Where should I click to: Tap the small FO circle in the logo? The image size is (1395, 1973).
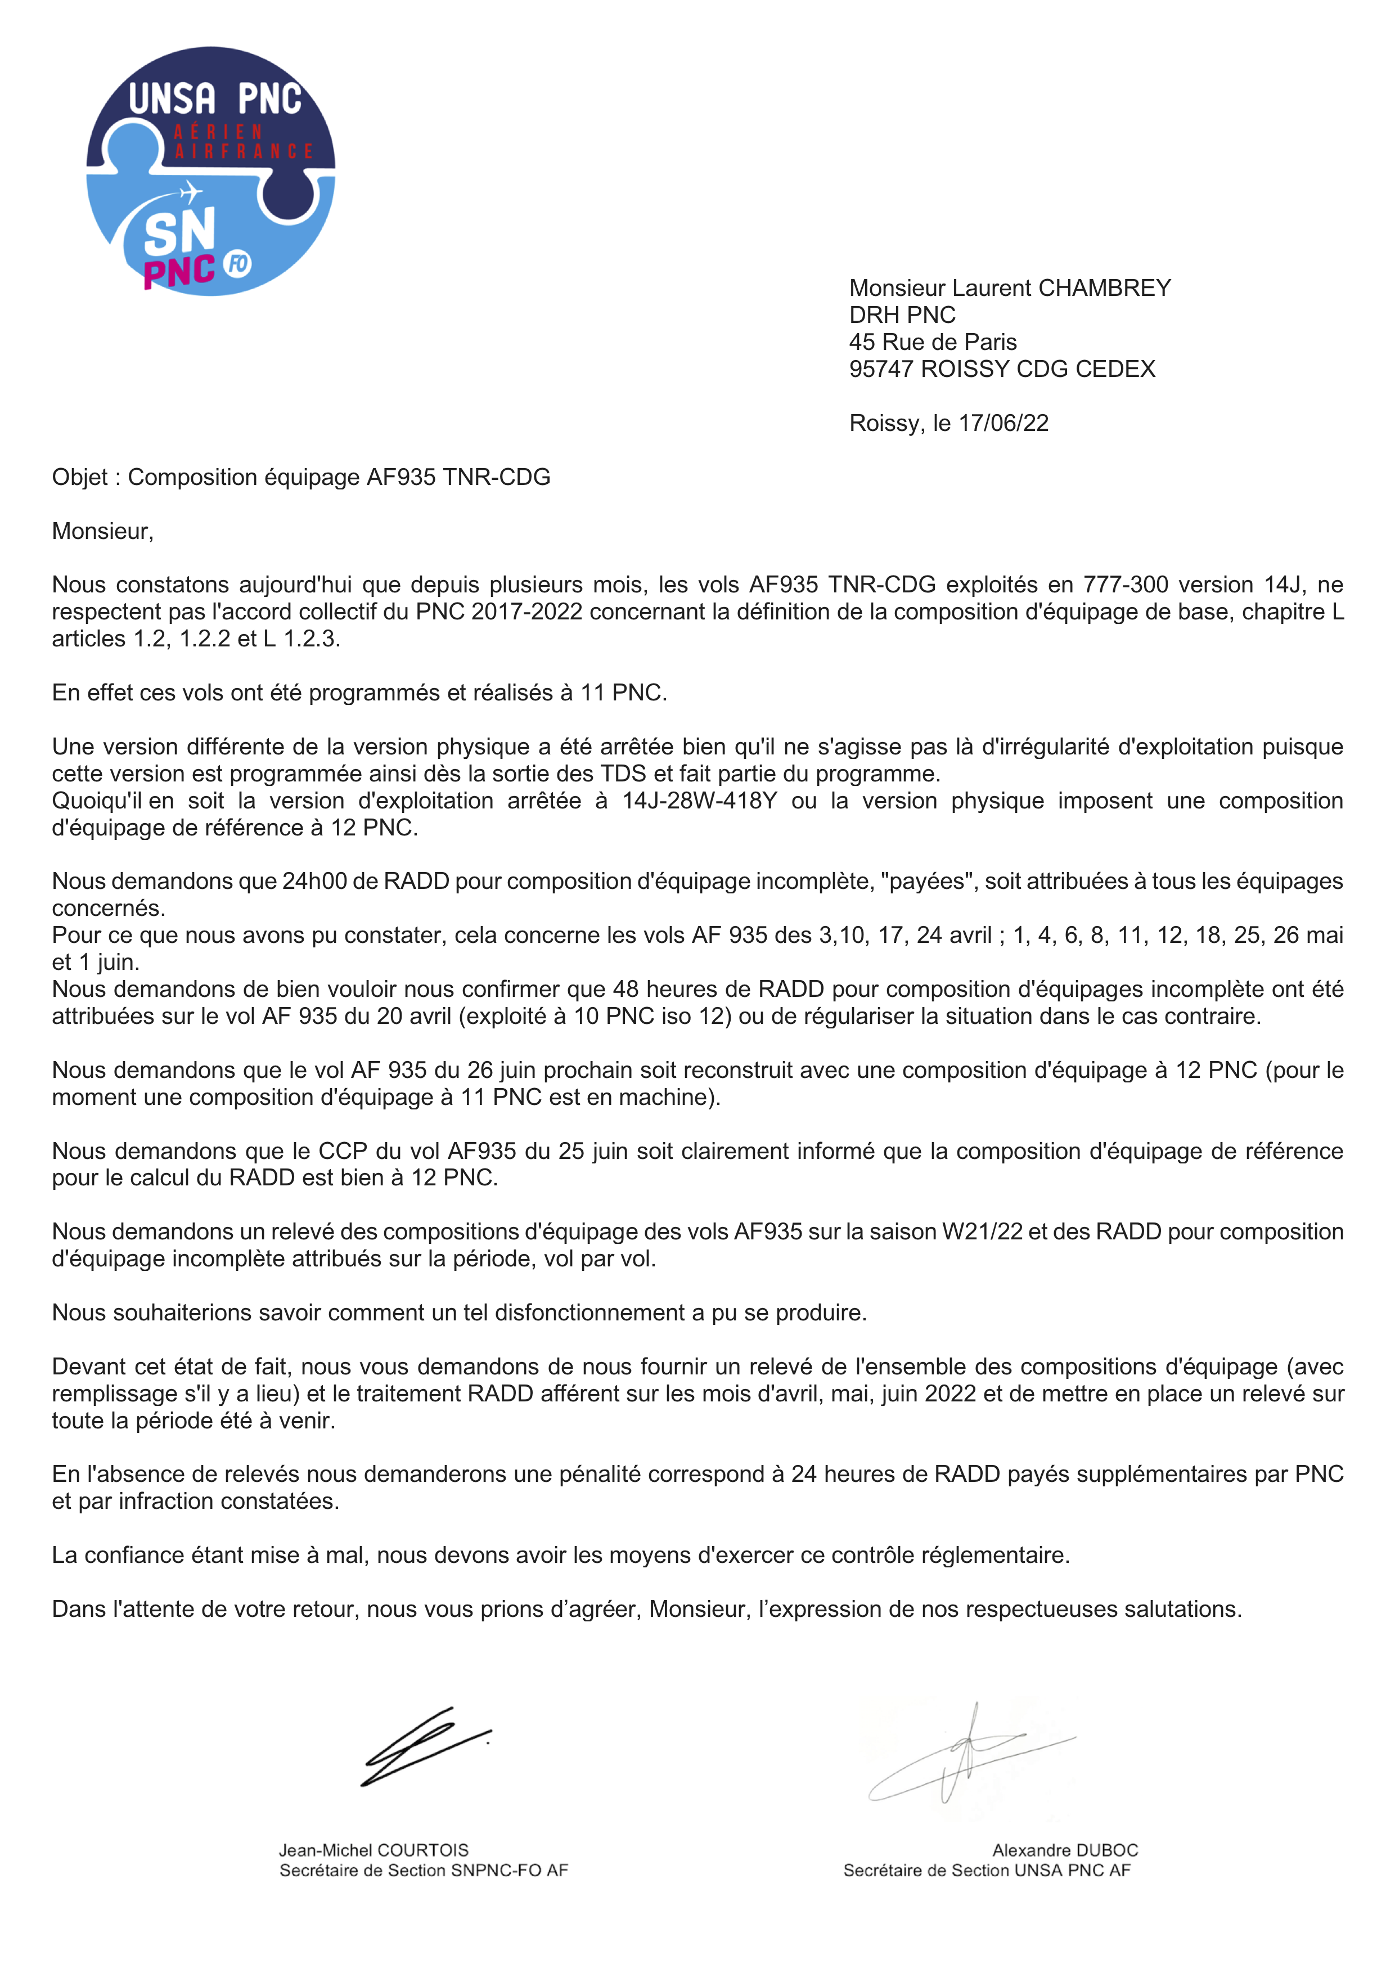[x=238, y=264]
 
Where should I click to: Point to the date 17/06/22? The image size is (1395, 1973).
[x=1003, y=423]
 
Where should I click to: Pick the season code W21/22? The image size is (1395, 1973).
[x=982, y=1232]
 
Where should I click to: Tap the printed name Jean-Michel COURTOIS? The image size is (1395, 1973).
[x=373, y=1851]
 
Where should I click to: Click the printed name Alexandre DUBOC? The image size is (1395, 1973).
[x=1065, y=1851]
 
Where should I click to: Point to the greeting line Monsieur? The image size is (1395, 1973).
[x=103, y=532]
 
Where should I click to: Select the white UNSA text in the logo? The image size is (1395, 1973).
[x=172, y=100]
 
